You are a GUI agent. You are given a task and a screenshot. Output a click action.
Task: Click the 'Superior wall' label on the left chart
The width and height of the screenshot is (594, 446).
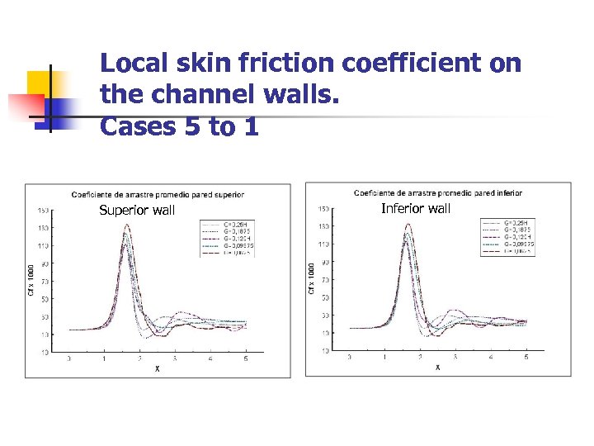(x=137, y=210)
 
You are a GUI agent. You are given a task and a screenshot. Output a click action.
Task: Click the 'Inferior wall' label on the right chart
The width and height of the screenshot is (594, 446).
(x=416, y=208)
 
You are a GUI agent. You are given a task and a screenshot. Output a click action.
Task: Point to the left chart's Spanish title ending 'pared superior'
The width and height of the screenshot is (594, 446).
(x=158, y=195)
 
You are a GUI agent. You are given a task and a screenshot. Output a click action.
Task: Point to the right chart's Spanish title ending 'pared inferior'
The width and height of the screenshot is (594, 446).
(x=438, y=193)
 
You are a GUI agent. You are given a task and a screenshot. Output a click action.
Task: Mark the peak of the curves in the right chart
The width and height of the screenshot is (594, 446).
(x=408, y=225)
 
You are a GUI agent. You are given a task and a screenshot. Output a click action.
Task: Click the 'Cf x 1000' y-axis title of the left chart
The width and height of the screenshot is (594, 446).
(x=32, y=281)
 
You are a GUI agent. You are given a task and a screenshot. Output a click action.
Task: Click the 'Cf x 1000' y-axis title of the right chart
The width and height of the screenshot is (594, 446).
(x=312, y=278)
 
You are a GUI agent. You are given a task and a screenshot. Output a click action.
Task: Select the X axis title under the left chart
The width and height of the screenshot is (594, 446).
(x=158, y=368)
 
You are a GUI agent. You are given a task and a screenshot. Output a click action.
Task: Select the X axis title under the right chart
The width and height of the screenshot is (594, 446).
(x=437, y=367)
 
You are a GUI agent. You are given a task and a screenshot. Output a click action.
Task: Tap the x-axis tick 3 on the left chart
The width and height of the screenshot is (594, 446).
(x=175, y=359)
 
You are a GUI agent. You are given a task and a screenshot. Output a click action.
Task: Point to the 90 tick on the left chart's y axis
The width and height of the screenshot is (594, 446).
(x=43, y=263)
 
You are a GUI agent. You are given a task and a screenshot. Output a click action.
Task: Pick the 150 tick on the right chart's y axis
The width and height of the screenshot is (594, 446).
(x=324, y=208)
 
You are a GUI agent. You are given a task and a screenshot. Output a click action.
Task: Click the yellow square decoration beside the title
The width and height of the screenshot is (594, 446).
(x=40, y=84)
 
